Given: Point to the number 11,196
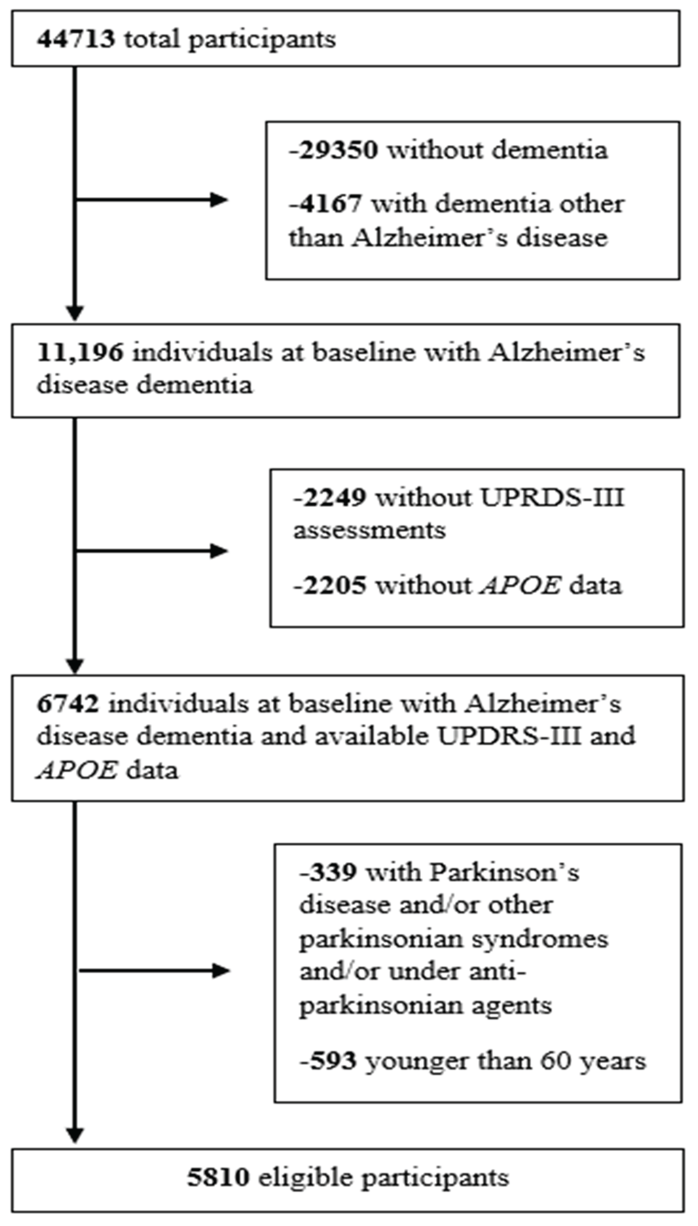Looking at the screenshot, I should click(80, 353).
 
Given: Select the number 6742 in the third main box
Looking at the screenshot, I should click(68, 704).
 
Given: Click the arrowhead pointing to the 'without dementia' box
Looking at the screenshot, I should click(219, 200).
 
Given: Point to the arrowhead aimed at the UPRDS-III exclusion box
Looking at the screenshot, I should click(219, 551).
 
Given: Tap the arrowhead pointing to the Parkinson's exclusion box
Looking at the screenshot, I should click(221, 971).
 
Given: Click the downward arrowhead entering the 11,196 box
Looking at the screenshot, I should click(75, 313).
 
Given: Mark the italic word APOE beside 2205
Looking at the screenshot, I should click(520, 585).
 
